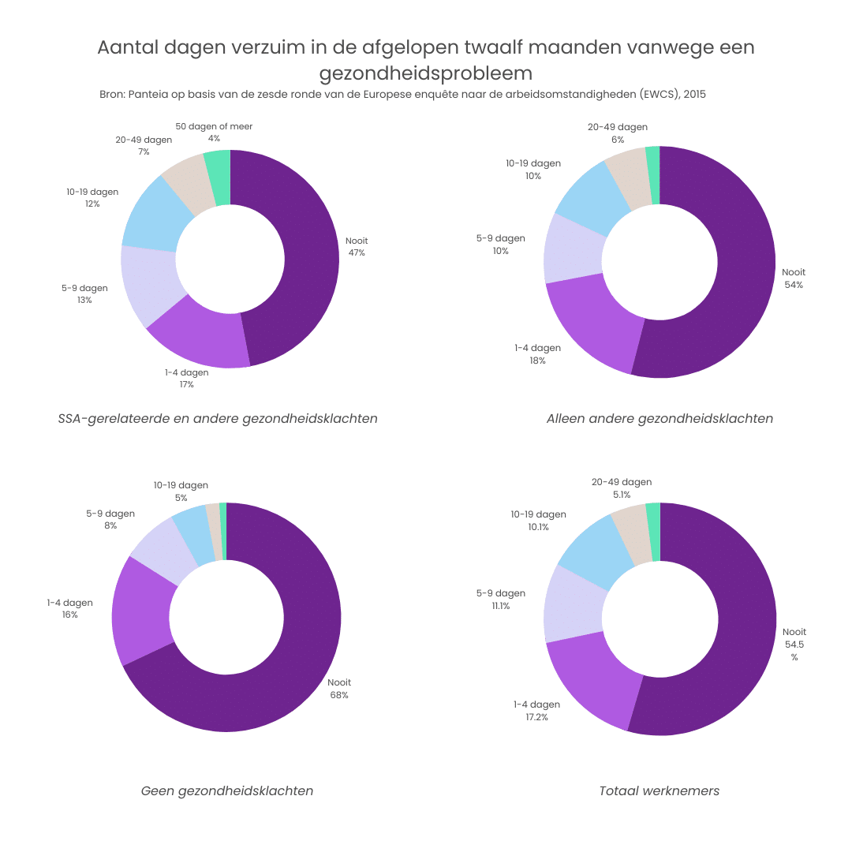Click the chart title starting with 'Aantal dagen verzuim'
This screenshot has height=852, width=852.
point(426,60)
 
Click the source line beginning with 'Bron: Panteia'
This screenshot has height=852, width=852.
point(402,95)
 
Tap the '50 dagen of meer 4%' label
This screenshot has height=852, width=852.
point(214,132)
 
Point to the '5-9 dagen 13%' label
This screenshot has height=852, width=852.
point(84,293)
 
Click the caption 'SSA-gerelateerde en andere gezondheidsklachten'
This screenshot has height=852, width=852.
point(218,418)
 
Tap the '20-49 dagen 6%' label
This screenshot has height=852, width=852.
point(618,133)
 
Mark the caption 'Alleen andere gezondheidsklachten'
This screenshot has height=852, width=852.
point(660,418)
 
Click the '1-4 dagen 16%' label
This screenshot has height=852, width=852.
point(69,608)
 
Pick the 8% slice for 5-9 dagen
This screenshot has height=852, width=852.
point(162,548)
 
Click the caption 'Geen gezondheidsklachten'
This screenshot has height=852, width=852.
point(226,790)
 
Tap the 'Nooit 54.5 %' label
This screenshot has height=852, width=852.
point(794,644)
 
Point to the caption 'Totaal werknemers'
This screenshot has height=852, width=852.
point(660,790)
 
